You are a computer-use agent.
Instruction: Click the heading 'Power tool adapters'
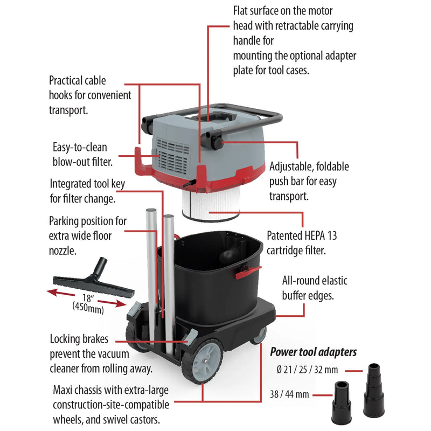coord(313,352)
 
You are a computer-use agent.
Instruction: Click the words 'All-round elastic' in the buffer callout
coord(315,281)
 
